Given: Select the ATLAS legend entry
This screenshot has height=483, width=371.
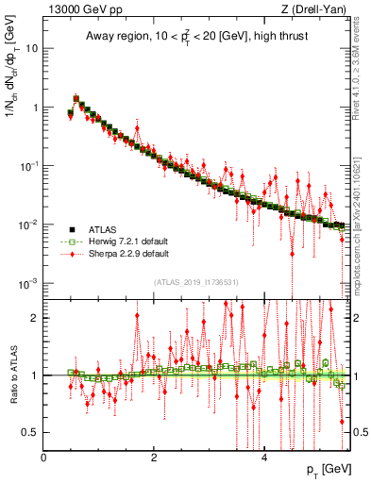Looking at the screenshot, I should pyautogui.click(x=98, y=228).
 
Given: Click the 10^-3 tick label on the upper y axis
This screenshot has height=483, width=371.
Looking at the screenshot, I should pyautogui.click(x=28, y=283).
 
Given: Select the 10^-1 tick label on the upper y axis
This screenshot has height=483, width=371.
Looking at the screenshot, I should pyautogui.click(x=28, y=166).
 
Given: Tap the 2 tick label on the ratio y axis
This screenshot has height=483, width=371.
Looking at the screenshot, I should pyautogui.click(x=37, y=318).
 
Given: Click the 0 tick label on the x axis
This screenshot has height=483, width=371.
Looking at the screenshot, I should pyautogui.click(x=44, y=457).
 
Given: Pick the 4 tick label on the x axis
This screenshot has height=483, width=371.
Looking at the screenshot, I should pyautogui.click(x=264, y=457).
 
